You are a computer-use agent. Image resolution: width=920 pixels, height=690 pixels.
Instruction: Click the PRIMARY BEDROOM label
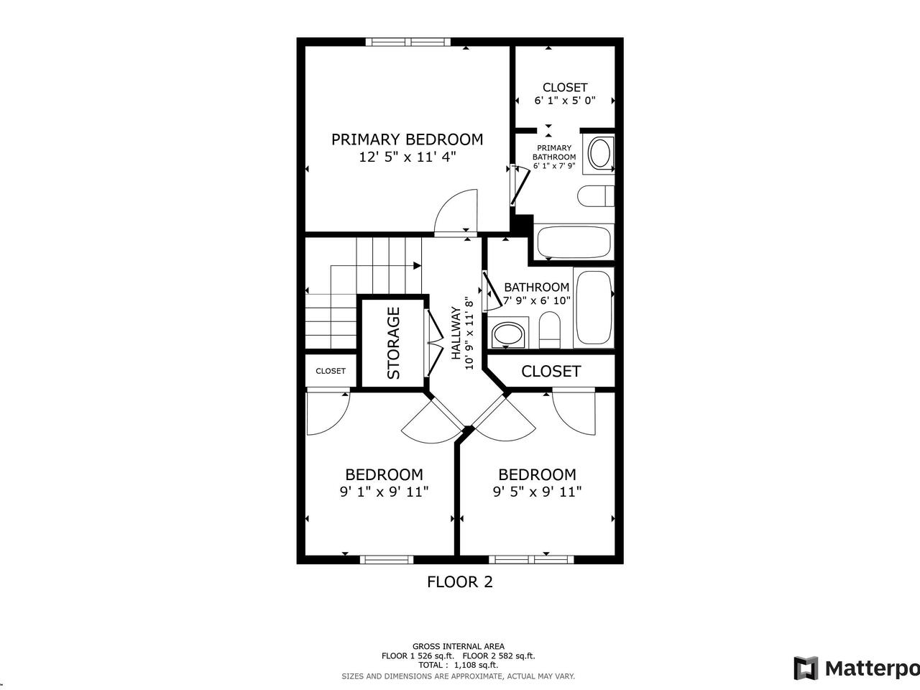[407, 139]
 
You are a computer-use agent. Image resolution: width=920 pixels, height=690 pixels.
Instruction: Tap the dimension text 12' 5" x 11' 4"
[407, 157]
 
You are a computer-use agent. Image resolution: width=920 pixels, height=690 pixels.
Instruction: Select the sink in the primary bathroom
[599, 153]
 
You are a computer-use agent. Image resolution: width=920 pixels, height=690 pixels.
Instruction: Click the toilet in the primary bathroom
[596, 195]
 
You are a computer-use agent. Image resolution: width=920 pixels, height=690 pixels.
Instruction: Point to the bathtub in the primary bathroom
[574, 241]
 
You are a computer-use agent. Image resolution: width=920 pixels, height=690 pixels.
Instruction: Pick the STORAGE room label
[393, 343]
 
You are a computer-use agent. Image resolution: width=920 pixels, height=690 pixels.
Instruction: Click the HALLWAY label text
[456, 333]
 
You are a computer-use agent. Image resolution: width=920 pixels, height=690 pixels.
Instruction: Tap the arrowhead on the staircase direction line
[417, 265]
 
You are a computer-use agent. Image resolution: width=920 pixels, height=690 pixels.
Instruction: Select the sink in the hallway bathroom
[507, 334]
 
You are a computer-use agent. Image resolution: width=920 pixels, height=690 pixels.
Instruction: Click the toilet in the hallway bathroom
[550, 330]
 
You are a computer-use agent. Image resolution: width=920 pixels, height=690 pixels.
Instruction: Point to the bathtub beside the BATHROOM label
[593, 307]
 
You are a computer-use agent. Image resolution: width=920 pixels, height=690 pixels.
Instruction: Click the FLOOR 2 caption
[460, 582]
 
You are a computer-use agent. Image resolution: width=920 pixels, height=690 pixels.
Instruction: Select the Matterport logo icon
[806, 668]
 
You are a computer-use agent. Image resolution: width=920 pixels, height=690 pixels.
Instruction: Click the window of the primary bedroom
[408, 42]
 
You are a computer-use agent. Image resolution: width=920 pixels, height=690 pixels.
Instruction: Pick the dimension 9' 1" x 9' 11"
[384, 492]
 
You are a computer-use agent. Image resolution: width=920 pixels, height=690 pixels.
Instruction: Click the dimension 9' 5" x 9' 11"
[537, 492]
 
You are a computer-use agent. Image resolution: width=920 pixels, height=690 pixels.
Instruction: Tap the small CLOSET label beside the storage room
[331, 371]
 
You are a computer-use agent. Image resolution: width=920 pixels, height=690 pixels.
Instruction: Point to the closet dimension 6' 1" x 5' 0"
[565, 101]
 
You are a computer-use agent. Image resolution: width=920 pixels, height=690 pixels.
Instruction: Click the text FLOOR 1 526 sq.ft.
[418, 655]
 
